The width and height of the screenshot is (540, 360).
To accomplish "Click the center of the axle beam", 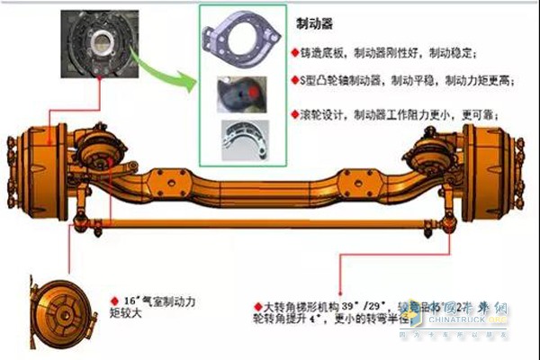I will (x=270, y=184).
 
